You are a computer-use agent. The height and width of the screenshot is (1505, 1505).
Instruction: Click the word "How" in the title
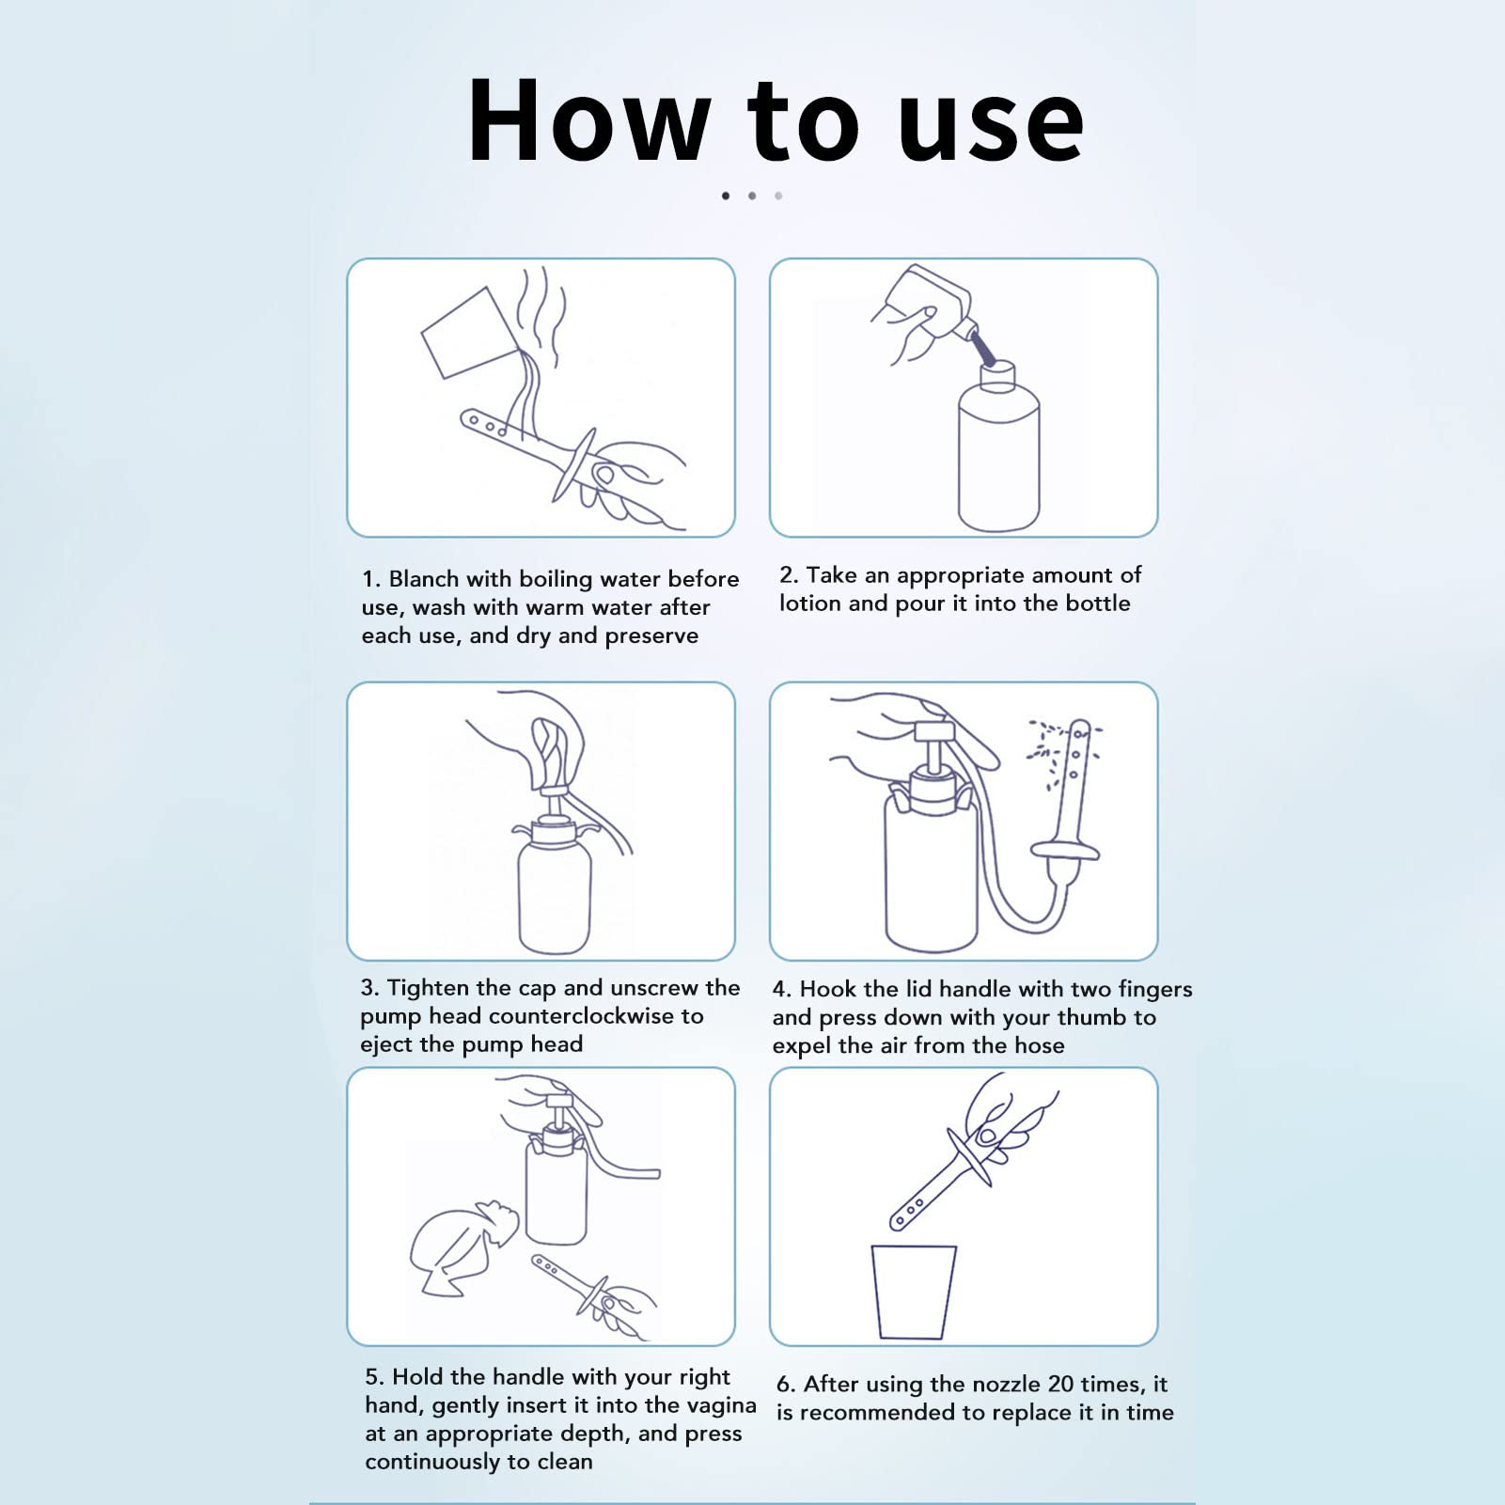588,122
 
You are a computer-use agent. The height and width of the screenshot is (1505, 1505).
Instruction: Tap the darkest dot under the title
726,196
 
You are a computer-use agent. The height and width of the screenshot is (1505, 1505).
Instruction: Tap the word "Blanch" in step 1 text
424,579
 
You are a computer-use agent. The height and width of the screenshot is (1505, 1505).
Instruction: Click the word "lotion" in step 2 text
809,604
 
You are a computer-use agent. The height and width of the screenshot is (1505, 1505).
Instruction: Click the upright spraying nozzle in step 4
1074,790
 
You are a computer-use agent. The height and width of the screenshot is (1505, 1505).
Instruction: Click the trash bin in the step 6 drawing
913,1291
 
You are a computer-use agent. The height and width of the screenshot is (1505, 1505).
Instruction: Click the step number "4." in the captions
781,990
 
